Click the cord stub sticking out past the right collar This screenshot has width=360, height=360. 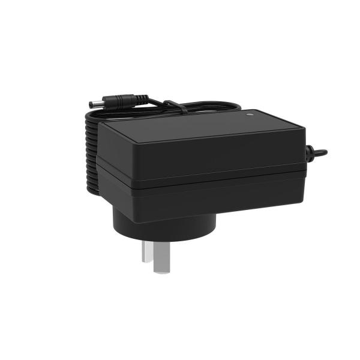[x=322, y=152]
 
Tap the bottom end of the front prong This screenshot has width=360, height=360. [x=161, y=270]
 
